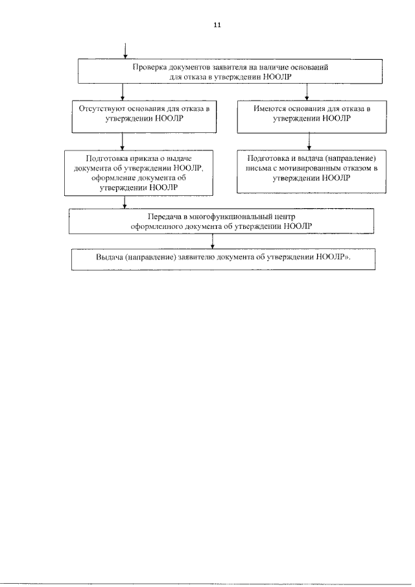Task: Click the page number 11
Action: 217,25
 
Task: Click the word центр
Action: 283,217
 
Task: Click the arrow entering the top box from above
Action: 125,51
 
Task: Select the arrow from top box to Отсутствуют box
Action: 122,92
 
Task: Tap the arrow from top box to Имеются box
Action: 307,92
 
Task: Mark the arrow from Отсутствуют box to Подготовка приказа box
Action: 123,141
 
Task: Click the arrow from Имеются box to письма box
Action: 309,141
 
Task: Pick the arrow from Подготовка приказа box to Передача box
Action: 124,202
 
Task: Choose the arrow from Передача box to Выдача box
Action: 213,241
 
